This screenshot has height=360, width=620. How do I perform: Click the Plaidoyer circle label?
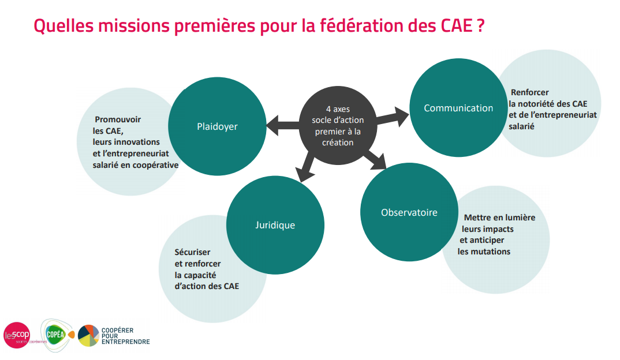click(x=216, y=126)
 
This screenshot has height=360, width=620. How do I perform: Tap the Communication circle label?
click(x=458, y=108)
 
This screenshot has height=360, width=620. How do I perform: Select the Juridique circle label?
click(x=275, y=225)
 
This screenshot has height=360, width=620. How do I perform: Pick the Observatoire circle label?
click(x=409, y=212)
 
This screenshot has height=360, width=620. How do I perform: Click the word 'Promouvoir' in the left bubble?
click(x=118, y=119)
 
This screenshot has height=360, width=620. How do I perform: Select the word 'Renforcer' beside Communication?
click(x=529, y=92)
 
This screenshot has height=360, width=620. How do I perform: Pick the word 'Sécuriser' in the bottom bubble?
click(x=192, y=252)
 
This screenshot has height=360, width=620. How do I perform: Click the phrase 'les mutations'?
click(x=484, y=252)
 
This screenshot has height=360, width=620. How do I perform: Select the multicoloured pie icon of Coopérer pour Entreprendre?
click(x=88, y=335)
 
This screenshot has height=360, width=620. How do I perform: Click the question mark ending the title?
click(x=480, y=27)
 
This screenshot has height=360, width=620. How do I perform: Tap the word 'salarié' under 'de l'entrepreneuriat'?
click(x=521, y=126)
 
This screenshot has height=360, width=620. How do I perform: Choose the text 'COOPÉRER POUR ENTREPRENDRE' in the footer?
click(x=125, y=336)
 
